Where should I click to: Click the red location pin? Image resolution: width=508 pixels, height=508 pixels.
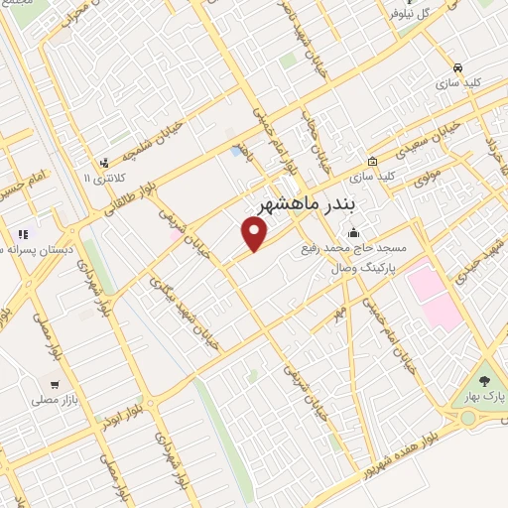tap(256, 234)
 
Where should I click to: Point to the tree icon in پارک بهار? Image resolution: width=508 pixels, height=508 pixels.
tap(485, 381)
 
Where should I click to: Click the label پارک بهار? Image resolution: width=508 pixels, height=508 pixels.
tap(484, 398)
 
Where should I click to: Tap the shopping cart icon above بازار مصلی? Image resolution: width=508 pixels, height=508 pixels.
tap(55, 382)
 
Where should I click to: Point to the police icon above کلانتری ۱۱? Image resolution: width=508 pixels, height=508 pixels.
tap(103, 163)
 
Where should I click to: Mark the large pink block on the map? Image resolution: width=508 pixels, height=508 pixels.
tap(433, 293)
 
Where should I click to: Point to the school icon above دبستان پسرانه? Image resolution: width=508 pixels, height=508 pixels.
tap(22, 235)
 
